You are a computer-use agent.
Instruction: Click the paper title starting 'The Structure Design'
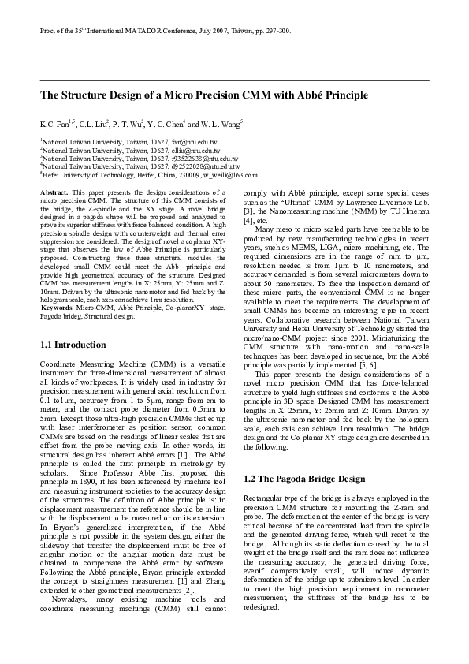(x=204, y=95)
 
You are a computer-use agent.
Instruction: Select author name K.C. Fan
(x=56, y=125)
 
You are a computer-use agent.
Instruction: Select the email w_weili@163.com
(x=230, y=176)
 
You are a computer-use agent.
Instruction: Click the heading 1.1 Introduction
(x=72, y=345)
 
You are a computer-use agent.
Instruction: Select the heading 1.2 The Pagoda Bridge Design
(x=304, y=457)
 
